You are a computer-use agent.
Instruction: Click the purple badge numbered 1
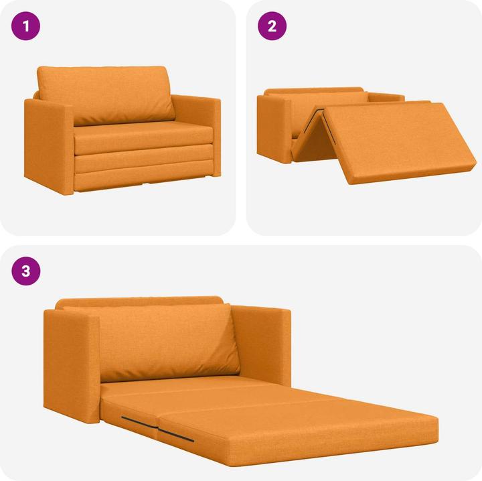click(26, 27)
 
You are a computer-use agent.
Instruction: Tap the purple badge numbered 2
click(272, 27)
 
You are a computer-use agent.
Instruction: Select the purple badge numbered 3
click(26, 271)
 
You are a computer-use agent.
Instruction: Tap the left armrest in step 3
click(70, 365)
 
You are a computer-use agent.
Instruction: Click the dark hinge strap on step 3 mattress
click(157, 429)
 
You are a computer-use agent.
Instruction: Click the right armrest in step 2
click(385, 98)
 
